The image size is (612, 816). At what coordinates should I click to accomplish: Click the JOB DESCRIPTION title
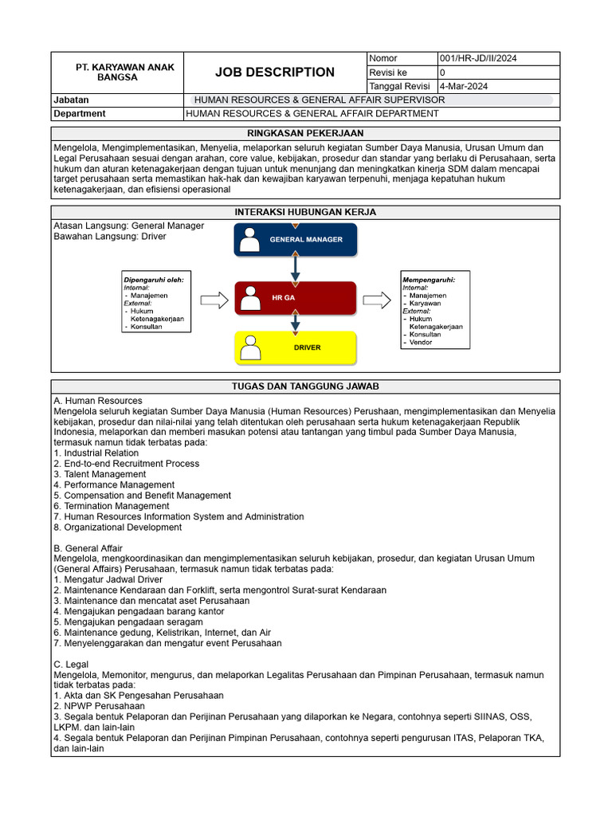(275, 73)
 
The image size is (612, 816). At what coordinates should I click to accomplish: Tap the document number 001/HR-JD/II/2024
(478, 59)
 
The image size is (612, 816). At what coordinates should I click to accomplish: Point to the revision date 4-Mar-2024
(465, 86)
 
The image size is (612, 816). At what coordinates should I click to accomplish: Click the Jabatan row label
(71, 100)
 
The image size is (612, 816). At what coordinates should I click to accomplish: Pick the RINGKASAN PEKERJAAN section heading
(305, 134)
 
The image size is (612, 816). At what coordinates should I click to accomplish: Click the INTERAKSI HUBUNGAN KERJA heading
(305, 212)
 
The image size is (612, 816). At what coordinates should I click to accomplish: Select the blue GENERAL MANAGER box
(296, 240)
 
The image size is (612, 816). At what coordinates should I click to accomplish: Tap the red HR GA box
(296, 297)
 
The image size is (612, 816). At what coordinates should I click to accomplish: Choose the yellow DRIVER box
(296, 347)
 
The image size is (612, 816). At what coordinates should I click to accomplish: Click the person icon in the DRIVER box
(251, 348)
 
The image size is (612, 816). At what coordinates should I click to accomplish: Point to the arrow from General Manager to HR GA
(296, 268)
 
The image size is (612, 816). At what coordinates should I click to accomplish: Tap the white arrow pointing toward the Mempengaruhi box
(377, 300)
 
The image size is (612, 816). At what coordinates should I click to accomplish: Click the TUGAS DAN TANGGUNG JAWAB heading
(305, 386)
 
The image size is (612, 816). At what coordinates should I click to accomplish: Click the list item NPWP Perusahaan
(99, 706)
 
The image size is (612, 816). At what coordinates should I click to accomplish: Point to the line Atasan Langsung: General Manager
(128, 226)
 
